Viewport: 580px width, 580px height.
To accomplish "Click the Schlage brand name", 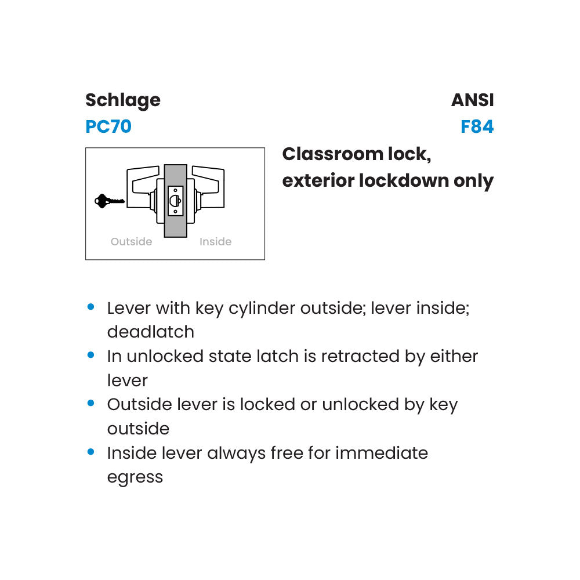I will (x=123, y=100).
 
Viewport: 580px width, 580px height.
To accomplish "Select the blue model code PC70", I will (x=108, y=126).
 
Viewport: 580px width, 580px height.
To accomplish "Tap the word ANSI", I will (x=473, y=100).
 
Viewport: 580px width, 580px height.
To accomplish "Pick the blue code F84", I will (x=477, y=126).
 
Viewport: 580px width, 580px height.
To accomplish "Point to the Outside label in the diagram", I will (x=132, y=242).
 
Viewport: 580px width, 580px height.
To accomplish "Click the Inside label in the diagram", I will (x=215, y=242).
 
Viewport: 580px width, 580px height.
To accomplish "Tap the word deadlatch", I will (x=151, y=332).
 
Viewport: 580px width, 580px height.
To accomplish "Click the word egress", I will (x=135, y=477).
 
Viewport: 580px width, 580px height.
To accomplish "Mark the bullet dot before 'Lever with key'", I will (x=90, y=306).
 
